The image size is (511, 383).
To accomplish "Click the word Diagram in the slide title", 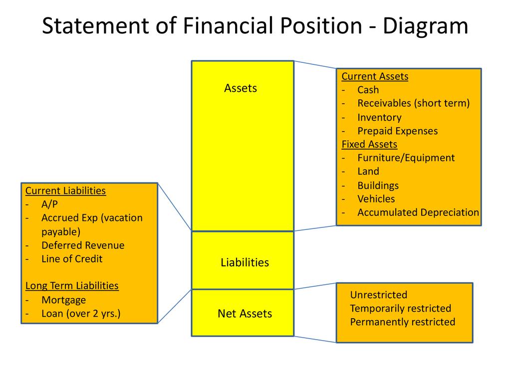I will click(x=426, y=26).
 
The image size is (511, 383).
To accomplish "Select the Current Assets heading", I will click(x=375, y=76).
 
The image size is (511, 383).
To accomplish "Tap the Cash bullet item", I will click(x=368, y=90).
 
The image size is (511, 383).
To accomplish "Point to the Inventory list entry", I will click(x=379, y=118).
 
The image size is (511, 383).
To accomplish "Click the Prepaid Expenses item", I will click(x=397, y=131).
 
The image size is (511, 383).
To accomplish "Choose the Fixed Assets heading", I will click(x=369, y=145).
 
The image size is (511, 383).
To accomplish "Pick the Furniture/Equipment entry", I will click(x=406, y=158).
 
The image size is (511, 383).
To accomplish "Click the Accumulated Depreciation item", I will click(x=418, y=212).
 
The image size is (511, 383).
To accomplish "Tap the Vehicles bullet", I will click(x=376, y=199).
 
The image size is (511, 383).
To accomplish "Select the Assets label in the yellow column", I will click(x=241, y=88).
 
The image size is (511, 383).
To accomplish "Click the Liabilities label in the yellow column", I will click(x=245, y=262).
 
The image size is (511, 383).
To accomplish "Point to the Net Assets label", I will click(x=245, y=314).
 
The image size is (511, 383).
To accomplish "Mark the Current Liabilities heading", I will click(x=65, y=191).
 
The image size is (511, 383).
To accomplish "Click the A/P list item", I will click(x=50, y=204).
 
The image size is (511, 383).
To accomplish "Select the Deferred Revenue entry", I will click(x=83, y=245).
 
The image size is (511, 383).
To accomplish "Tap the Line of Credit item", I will click(x=72, y=259).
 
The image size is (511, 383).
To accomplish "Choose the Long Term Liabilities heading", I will click(x=72, y=286).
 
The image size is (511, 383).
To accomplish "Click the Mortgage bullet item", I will click(x=63, y=300).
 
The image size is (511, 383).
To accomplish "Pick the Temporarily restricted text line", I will click(x=400, y=308).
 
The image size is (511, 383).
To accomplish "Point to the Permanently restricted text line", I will click(x=402, y=322).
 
